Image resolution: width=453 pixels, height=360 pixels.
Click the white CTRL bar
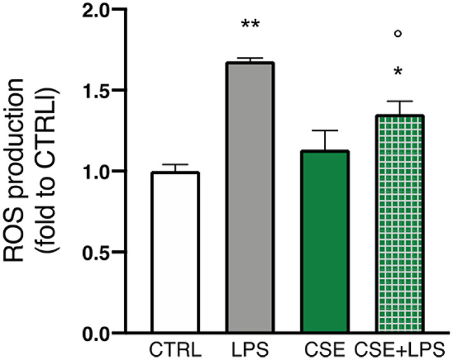click(x=174, y=252)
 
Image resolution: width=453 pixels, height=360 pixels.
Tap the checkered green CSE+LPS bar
click(x=398, y=223)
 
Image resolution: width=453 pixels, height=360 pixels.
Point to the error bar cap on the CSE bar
click(x=325, y=131)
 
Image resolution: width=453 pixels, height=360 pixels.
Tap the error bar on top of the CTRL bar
click(x=174, y=166)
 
